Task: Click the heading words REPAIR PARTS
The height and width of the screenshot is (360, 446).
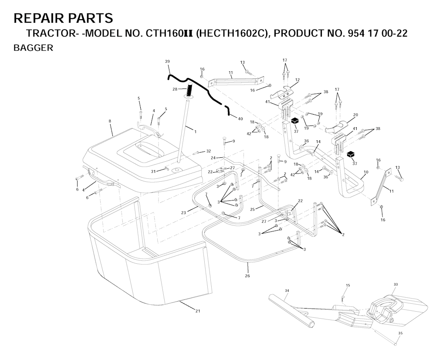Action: point(63,18)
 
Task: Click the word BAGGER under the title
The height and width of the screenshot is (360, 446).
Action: point(33,48)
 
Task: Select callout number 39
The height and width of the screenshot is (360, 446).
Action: point(167,61)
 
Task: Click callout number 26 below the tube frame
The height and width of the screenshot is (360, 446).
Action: point(247,275)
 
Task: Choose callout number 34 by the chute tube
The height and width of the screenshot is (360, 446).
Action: point(287,290)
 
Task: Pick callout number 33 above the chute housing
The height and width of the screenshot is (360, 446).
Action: point(395,284)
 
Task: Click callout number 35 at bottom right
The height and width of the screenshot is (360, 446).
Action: point(400,333)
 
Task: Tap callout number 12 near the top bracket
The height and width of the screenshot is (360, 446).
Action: point(297,80)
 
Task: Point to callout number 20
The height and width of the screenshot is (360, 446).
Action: point(355,115)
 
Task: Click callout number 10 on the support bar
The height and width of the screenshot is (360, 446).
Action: point(365,172)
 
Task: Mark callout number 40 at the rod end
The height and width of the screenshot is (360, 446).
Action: point(240,118)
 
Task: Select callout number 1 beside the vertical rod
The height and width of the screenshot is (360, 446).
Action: point(195,131)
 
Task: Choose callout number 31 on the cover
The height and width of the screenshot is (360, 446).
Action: point(153,171)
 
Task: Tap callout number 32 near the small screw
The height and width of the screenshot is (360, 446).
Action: point(209,151)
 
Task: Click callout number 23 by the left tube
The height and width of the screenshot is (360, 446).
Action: point(184,212)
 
